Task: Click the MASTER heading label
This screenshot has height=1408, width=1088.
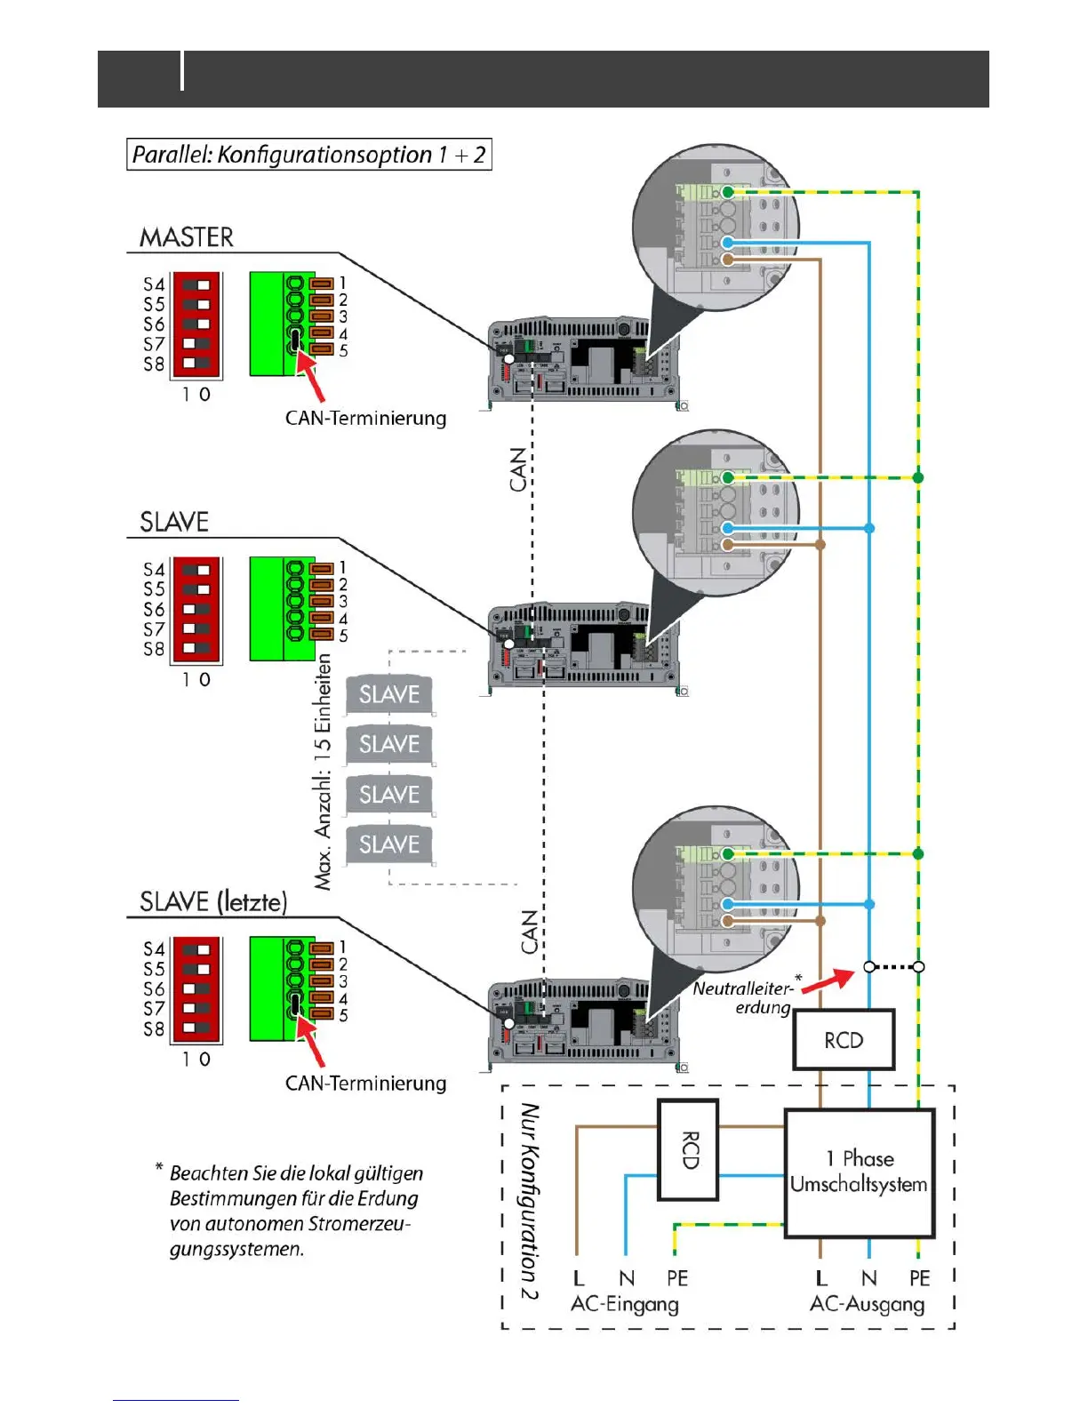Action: point(187,237)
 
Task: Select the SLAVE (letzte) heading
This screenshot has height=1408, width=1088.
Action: point(213,902)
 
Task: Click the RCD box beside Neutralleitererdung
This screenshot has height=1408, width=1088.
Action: point(844,1040)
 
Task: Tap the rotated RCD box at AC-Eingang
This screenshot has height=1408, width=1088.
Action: point(688,1149)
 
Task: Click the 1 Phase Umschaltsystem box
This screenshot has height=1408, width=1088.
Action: point(859,1172)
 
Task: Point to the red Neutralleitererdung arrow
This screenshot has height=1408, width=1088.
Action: point(828,980)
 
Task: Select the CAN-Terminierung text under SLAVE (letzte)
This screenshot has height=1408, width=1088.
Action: point(365,1084)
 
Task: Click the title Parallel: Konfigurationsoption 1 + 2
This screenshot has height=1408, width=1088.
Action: point(308,155)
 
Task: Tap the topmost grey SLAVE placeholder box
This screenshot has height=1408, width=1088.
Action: point(389,694)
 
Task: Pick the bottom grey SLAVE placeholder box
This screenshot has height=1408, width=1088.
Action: point(389,844)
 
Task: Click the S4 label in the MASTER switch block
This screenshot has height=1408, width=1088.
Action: point(154,284)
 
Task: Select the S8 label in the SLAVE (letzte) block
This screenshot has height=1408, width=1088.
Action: point(154,1029)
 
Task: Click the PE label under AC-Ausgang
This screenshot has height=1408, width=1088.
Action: point(919,1278)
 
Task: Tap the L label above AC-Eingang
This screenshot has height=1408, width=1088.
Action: point(579,1278)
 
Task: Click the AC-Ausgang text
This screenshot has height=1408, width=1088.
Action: point(867,1305)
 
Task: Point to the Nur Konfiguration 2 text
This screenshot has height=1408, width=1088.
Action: point(530,1201)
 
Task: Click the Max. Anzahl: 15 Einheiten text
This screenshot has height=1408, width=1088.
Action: point(323,772)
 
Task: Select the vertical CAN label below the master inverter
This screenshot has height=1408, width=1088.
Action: point(518,469)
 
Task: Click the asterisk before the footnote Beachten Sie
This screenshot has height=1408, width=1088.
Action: point(159,1167)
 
